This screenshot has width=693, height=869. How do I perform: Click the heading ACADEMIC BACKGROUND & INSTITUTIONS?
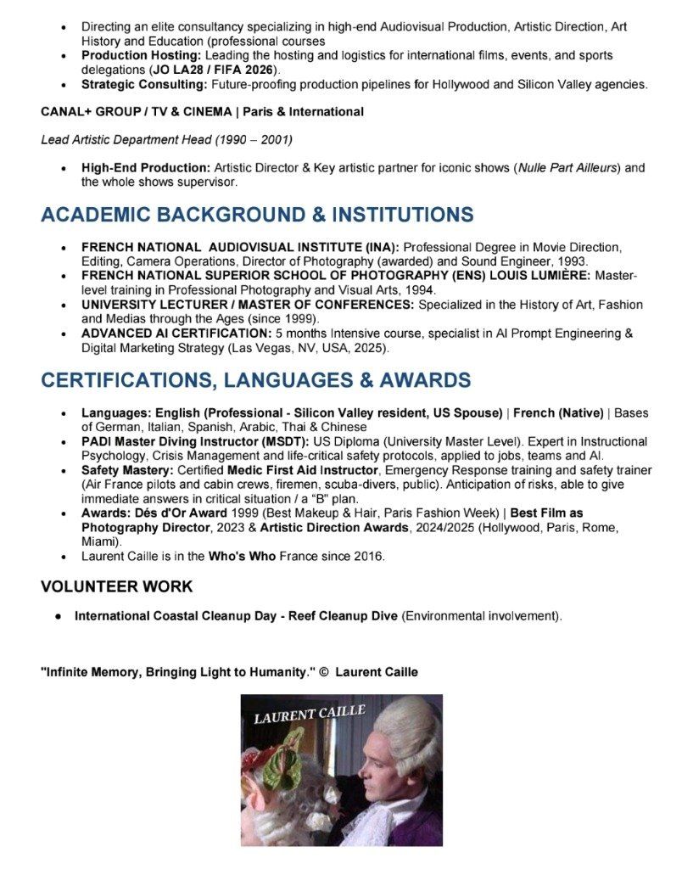pos(257,215)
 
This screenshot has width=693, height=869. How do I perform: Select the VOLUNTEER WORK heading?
pos(116,586)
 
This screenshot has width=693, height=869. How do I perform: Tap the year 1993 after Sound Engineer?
pos(573,261)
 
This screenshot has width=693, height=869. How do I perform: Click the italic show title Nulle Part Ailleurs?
pos(568,168)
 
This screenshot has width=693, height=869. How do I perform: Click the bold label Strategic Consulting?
pos(144,84)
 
